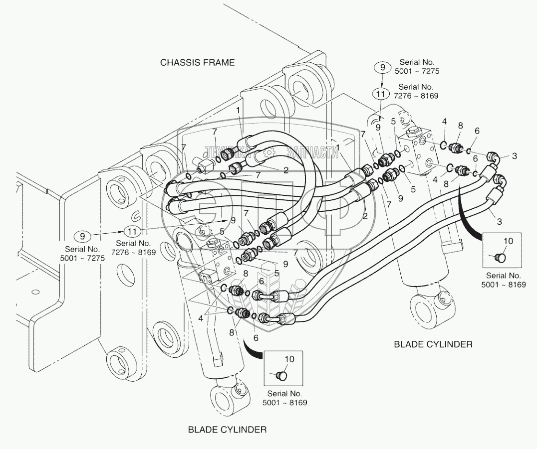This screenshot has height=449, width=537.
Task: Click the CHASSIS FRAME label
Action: [197, 62]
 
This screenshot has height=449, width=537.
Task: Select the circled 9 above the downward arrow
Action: [383, 67]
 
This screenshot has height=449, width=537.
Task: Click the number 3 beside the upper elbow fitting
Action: [515, 156]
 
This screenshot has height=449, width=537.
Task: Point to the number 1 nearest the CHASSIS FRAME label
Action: [239, 109]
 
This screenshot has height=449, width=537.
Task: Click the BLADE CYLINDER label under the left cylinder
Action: [227, 429]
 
